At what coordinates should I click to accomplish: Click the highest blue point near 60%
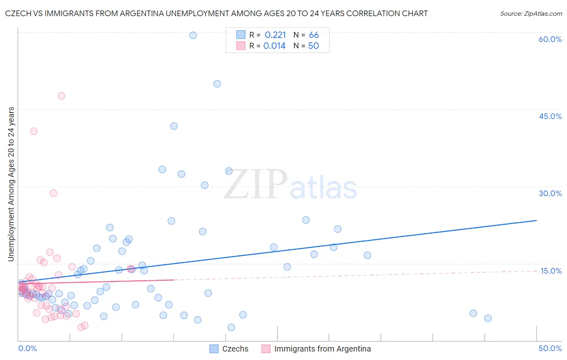tap(193, 35)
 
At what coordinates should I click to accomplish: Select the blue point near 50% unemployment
tap(217, 84)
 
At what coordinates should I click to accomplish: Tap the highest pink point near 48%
tap(61, 96)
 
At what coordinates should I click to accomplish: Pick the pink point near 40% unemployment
tap(34, 131)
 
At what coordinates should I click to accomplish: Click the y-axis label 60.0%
tap(550, 39)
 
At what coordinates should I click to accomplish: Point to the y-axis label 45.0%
tap(550, 116)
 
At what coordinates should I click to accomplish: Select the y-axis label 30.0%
tap(550, 193)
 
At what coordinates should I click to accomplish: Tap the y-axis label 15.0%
tap(551, 271)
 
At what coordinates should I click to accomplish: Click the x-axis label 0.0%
tap(27, 348)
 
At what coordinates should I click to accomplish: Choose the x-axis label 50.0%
tap(550, 348)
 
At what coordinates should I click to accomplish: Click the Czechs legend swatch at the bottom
tap(214, 349)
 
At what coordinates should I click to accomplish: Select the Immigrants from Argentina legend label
tap(322, 349)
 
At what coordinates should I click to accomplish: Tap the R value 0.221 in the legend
tap(275, 35)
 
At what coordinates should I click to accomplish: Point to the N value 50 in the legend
tap(313, 46)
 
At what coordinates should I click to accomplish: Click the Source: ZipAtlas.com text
tap(531, 13)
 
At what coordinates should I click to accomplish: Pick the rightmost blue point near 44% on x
tap(488, 318)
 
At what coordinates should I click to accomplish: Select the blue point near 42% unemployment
tap(174, 126)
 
